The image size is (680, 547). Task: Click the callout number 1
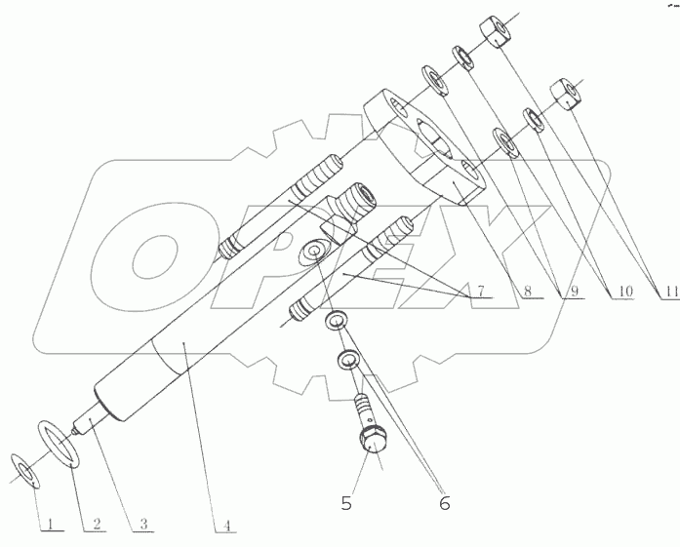[x=45, y=524]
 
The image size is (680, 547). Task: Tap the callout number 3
[x=143, y=524]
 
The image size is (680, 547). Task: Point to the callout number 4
[x=226, y=525]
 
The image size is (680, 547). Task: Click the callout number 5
[x=345, y=503]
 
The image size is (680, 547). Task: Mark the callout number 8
[x=527, y=291]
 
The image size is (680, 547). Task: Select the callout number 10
[x=620, y=291]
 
